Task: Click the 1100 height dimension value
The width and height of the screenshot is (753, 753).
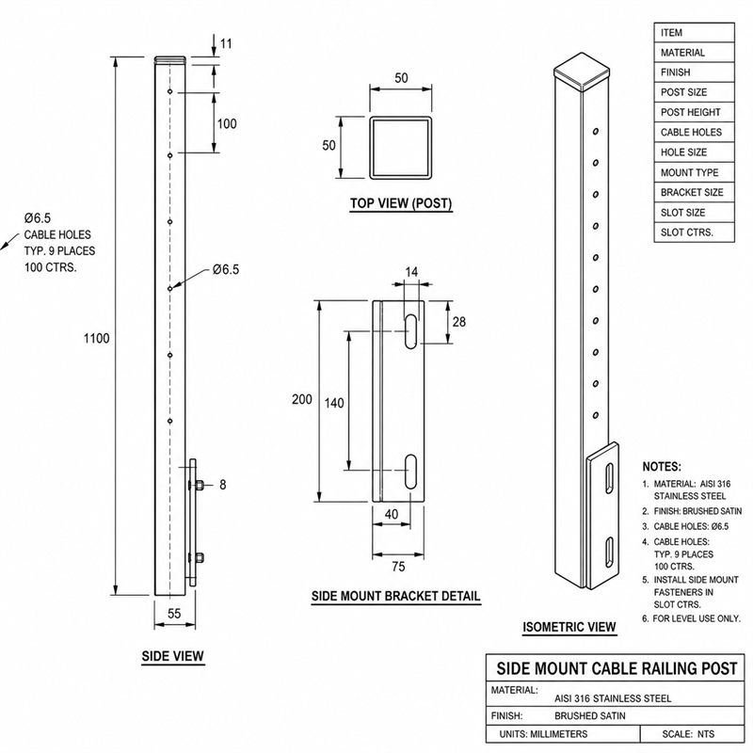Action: pyautogui.click(x=97, y=339)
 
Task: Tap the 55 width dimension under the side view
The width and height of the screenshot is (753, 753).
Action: pyautogui.click(x=174, y=614)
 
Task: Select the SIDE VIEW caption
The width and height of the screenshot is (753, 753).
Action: pyautogui.click(x=173, y=656)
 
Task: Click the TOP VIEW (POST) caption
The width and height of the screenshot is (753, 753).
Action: pyautogui.click(x=401, y=203)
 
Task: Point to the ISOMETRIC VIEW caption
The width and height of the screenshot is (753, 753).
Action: pyautogui.click(x=569, y=627)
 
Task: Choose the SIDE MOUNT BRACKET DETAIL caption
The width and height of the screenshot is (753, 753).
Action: pyautogui.click(x=395, y=596)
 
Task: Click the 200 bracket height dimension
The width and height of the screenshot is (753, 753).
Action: pyautogui.click(x=301, y=399)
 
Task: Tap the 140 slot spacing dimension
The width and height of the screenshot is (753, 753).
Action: pyautogui.click(x=334, y=403)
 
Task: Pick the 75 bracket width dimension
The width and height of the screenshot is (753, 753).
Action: pyautogui.click(x=398, y=567)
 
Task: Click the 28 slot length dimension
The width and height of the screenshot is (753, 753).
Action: pyautogui.click(x=459, y=322)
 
